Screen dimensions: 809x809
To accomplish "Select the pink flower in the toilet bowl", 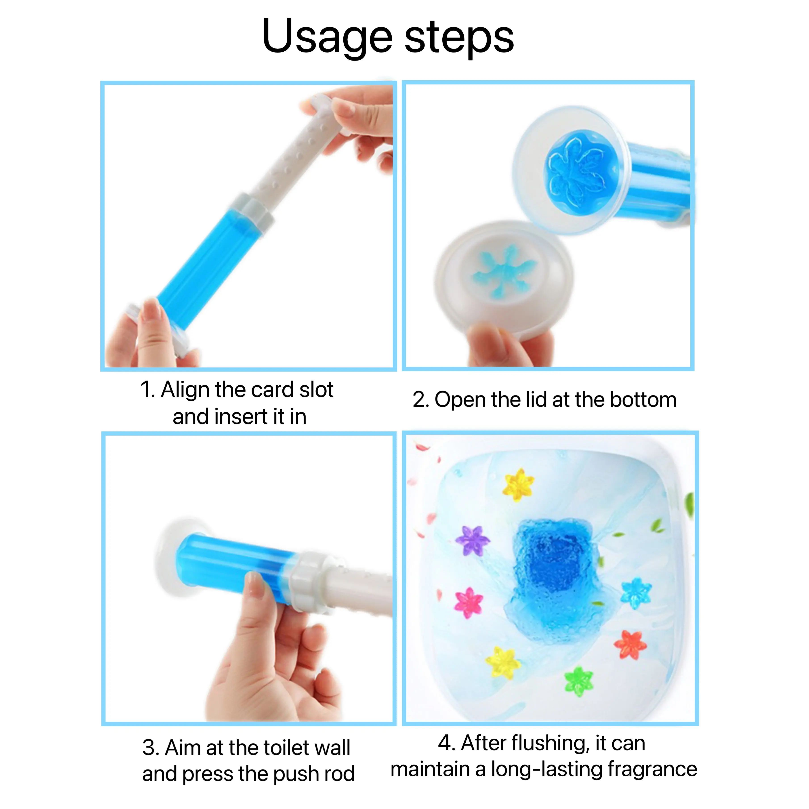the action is tap(469, 603).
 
